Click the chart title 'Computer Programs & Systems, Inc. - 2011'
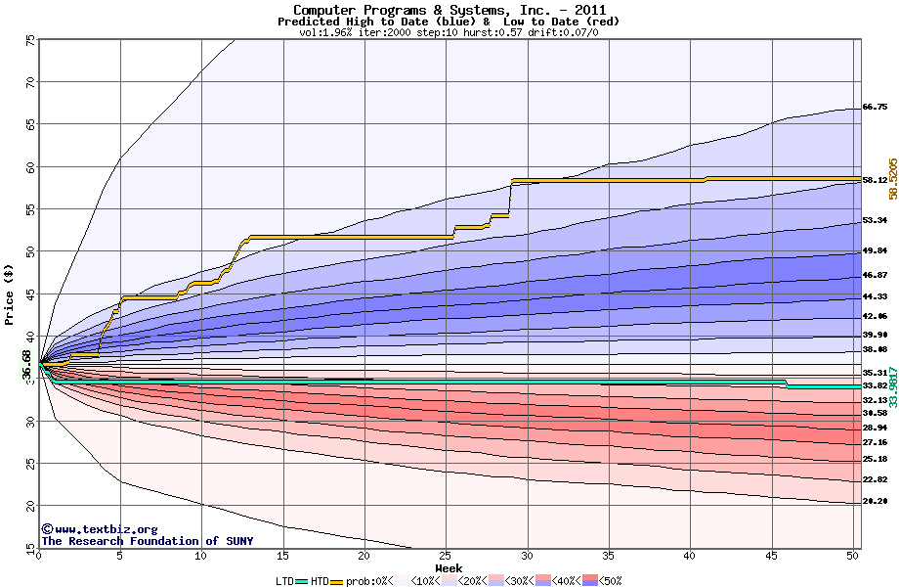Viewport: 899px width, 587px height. point(449,10)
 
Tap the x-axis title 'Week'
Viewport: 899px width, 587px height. point(449,567)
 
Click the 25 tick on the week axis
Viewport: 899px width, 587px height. point(446,555)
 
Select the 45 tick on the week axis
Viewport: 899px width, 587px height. point(770,555)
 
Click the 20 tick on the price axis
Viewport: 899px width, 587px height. point(30,505)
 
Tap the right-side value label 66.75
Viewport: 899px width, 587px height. point(875,107)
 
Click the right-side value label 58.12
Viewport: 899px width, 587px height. point(875,180)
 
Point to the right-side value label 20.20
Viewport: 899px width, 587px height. point(875,501)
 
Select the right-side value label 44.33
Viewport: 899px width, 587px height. point(875,296)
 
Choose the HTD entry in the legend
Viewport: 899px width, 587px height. point(320,580)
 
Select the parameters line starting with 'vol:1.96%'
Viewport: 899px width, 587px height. point(449,32)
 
